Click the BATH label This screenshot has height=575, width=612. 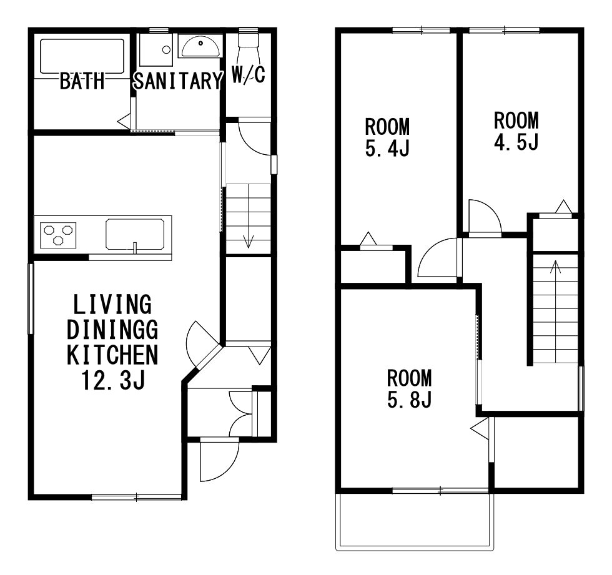click(x=82, y=81)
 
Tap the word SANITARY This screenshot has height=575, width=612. click(x=178, y=81)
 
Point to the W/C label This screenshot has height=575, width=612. click(x=249, y=74)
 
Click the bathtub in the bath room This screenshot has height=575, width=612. click(x=82, y=56)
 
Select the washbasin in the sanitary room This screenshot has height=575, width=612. click(x=200, y=46)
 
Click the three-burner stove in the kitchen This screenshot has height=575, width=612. click(x=58, y=235)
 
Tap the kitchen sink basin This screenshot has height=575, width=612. click(x=135, y=234)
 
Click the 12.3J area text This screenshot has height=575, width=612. click(x=113, y=380)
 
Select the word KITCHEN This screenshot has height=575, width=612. click(x=112, y=355)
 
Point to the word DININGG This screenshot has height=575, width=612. click(x=112, y=330)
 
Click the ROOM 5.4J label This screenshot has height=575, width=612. click(x=387, y=137)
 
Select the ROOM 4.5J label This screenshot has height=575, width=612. click(x=516, y=131)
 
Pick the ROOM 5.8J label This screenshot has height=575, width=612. click(x=410, y=388)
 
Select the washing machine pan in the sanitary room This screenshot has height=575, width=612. click(x=156, y=49)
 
